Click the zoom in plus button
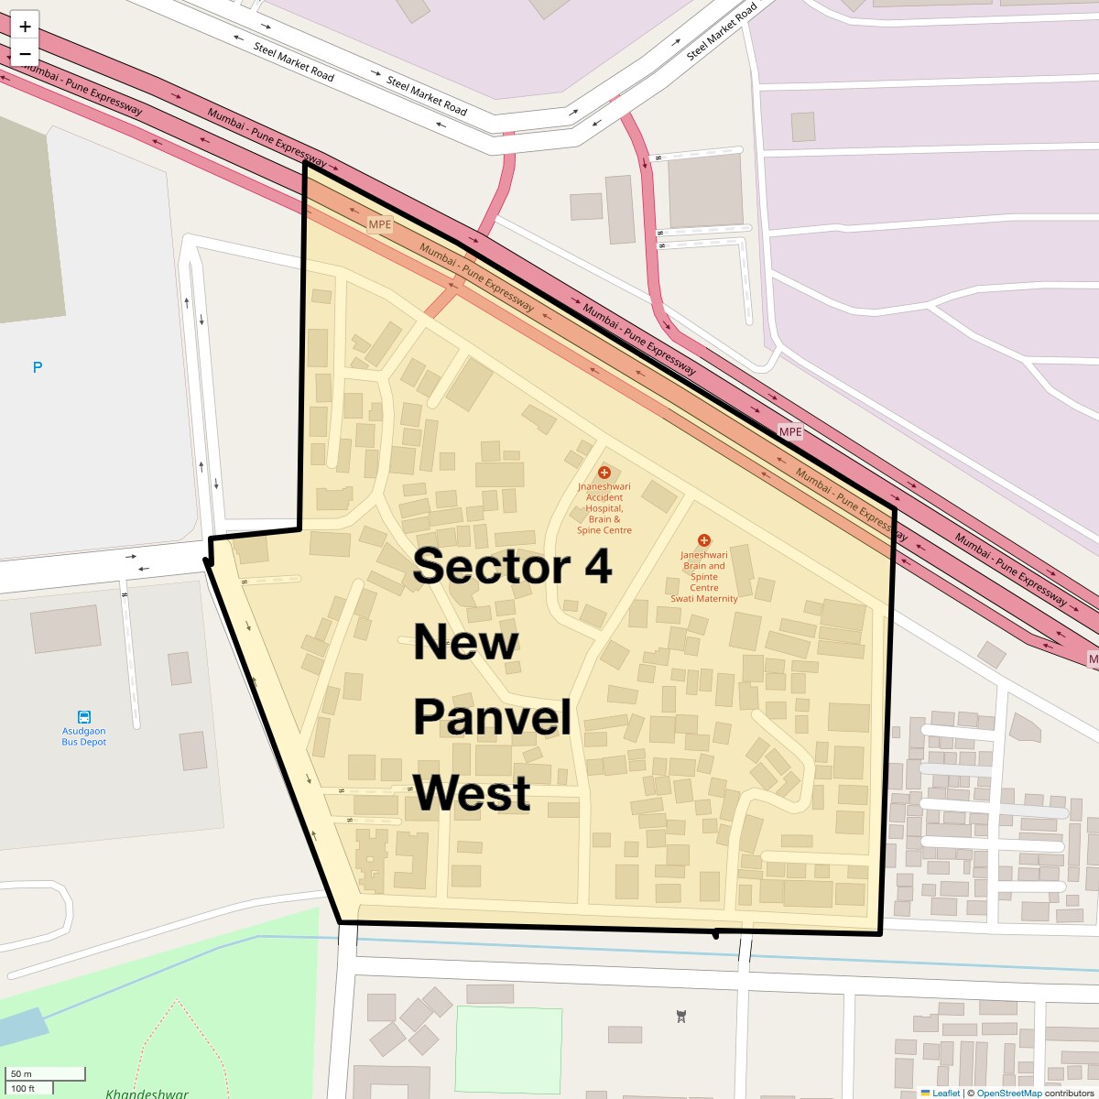[x=25, y=27]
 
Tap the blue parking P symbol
[x=38, y=367]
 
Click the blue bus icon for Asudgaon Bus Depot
[x=84, y=717]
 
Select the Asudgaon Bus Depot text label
[x=84, y=737]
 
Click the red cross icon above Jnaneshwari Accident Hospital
[x=604, y=473]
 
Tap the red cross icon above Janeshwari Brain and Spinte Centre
[x=703, y=540]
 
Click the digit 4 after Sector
[x=598, y=566]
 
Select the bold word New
[x=465, y=642]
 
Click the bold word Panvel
[x=492, y=717]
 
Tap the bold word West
[x=472, y=793]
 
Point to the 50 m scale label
[x=22, y=1073]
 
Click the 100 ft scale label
[x=23, y=1088]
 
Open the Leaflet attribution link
[x=945, y=1093]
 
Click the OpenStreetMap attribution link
[x=1008, y=1093]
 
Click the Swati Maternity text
[x=703, y=599]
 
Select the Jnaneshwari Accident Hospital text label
[x=604, y=508]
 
